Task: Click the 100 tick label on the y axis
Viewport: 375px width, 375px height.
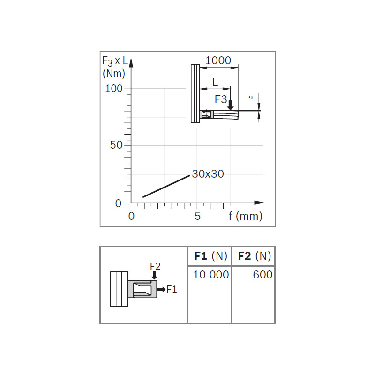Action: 114,89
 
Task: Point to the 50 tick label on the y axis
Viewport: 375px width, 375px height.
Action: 116,145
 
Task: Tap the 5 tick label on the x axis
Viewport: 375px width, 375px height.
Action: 197,216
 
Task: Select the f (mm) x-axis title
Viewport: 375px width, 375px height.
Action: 245,216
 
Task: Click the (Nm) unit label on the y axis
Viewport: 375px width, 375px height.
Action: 114,74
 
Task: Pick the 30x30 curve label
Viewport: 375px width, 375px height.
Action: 208,174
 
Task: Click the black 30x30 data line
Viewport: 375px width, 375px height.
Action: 166,186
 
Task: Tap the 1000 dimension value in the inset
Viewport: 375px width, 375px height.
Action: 218,60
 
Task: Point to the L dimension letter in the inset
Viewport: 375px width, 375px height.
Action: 215,82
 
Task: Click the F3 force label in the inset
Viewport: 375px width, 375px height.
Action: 221,99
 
